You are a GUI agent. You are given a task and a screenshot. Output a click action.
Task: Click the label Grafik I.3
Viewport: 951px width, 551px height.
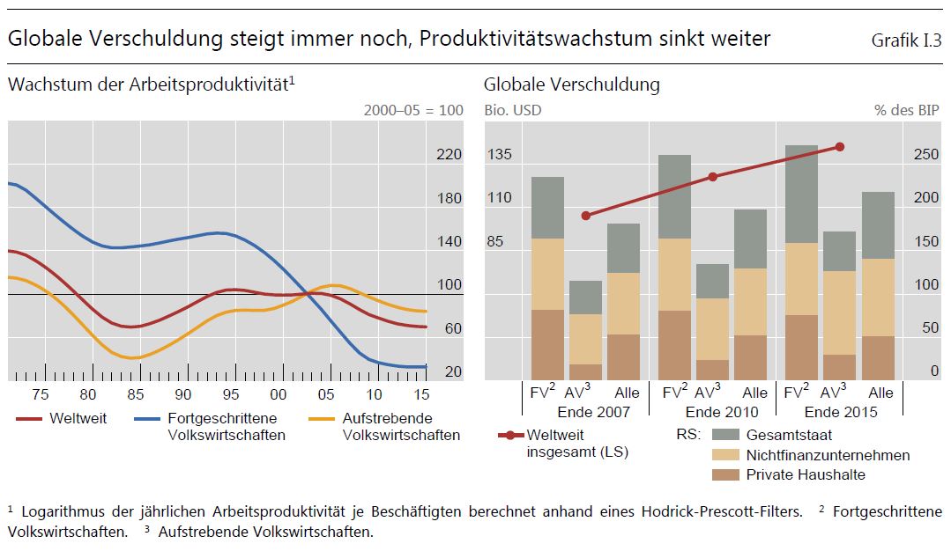[906, 40]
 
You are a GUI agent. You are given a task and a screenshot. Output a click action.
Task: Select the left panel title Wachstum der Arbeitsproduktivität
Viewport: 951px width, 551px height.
[150, 85]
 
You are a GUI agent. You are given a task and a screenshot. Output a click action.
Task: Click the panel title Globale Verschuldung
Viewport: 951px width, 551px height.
[571, 85]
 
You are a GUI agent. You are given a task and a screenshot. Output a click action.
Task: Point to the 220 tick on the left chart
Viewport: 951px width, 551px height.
[449, 155]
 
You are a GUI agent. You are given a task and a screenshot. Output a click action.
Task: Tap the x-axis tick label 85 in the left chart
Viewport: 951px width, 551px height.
[135, 394]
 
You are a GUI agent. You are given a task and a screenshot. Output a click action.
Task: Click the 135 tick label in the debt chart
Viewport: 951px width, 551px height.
[500, 155]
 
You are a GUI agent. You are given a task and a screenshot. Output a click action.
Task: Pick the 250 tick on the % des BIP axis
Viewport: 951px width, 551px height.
[926, 155]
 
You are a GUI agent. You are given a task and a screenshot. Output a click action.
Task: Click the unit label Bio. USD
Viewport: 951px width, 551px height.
[513, 111]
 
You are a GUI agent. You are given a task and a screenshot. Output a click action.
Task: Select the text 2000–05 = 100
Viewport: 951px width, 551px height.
[413, 111]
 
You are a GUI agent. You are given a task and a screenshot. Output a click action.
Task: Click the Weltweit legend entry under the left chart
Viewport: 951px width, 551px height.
[78, 419]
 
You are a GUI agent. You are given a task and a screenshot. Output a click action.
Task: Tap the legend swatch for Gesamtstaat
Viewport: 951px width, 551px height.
[725, 435]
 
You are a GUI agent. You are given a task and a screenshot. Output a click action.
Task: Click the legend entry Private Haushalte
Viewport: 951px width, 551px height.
[805, 475]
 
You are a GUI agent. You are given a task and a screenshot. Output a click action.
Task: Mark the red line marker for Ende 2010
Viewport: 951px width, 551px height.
[712, 177]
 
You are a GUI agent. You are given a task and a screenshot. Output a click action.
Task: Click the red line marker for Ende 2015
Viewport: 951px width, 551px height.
[839, 147]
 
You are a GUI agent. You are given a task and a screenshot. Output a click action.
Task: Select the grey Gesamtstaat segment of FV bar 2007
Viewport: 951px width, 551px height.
[547, 208]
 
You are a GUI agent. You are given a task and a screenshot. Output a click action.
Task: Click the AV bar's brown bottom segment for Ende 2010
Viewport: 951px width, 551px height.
[712, 370]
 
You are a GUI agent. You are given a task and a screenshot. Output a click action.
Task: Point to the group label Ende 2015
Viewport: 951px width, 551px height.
[840, 412]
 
